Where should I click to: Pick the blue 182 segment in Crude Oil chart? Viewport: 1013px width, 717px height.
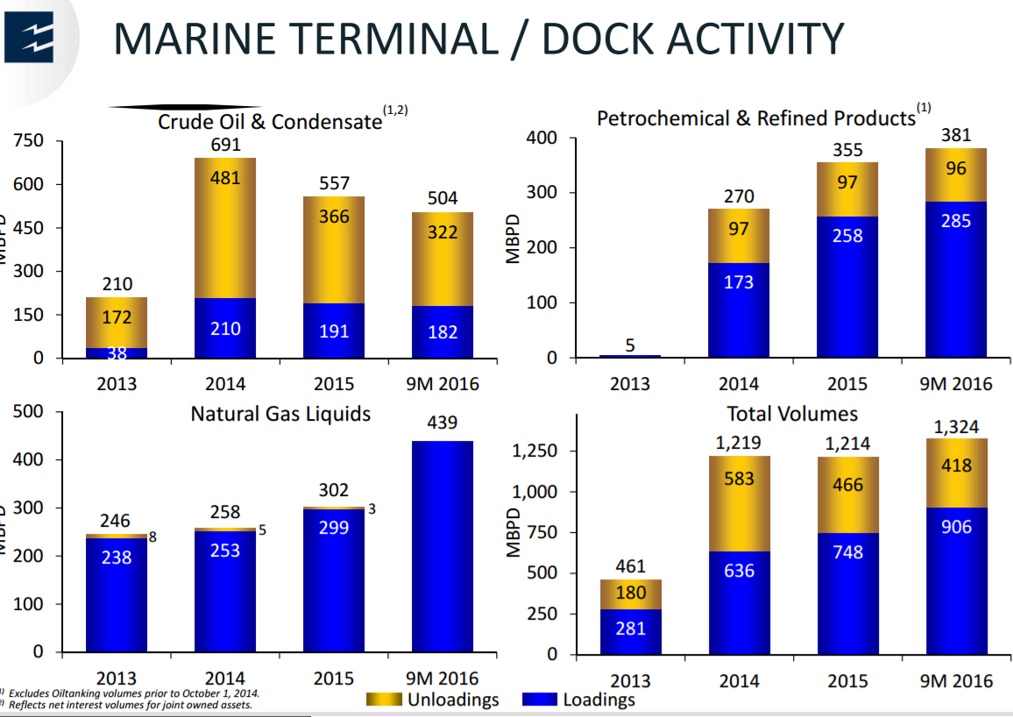tap(443, 331)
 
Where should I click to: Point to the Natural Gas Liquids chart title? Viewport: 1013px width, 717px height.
tap(280, 414)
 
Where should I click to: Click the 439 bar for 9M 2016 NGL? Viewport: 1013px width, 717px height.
tap(443, 543)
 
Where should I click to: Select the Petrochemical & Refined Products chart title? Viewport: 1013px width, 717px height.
tap(755, 117)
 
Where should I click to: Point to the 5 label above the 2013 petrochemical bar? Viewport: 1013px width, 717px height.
tap(630, 345)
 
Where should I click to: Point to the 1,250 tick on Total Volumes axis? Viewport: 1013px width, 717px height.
tap(534, 451)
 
